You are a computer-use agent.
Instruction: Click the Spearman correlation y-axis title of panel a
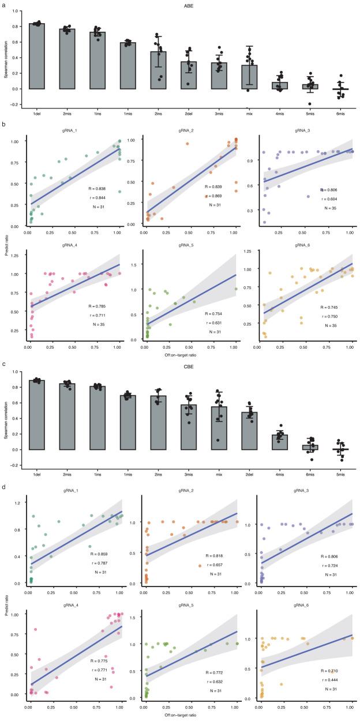(7, 56)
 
